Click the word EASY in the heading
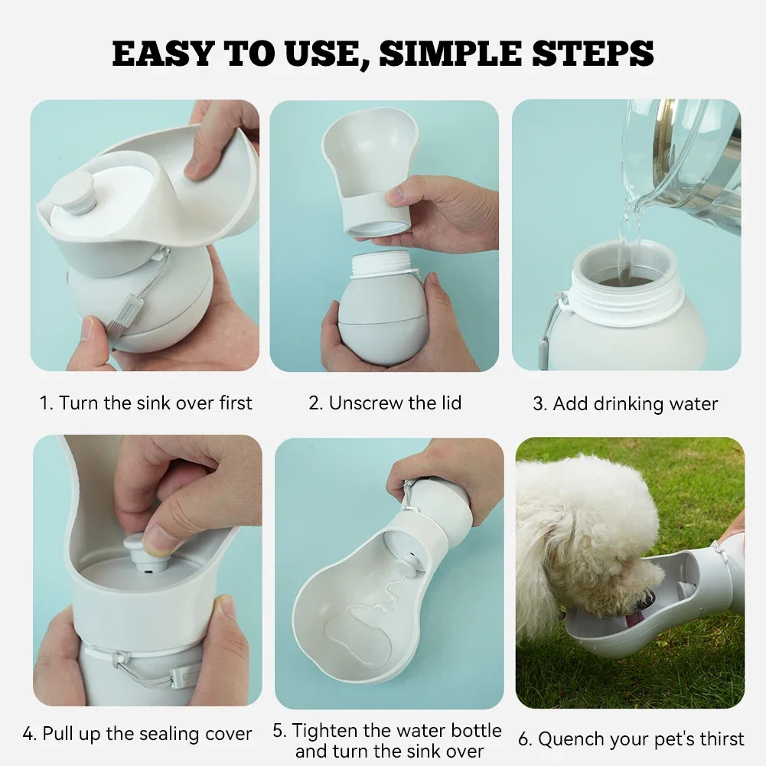coord(164,53)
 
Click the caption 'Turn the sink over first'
coord(145,403)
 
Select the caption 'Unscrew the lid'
coord(385,403)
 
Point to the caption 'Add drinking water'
coord(625,403)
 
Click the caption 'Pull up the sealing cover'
coord(137,734)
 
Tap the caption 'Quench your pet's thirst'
coord(631,738)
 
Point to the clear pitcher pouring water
coord(685,161)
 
